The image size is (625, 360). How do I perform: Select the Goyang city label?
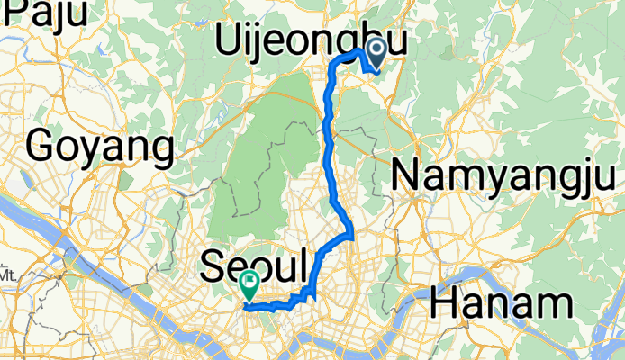point(100,146)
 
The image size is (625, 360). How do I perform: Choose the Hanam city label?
point(502,302)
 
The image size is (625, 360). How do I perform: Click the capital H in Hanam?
point(448,302)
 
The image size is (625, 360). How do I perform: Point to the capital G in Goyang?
point(43,146)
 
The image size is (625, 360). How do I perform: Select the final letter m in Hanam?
point(552,304)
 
